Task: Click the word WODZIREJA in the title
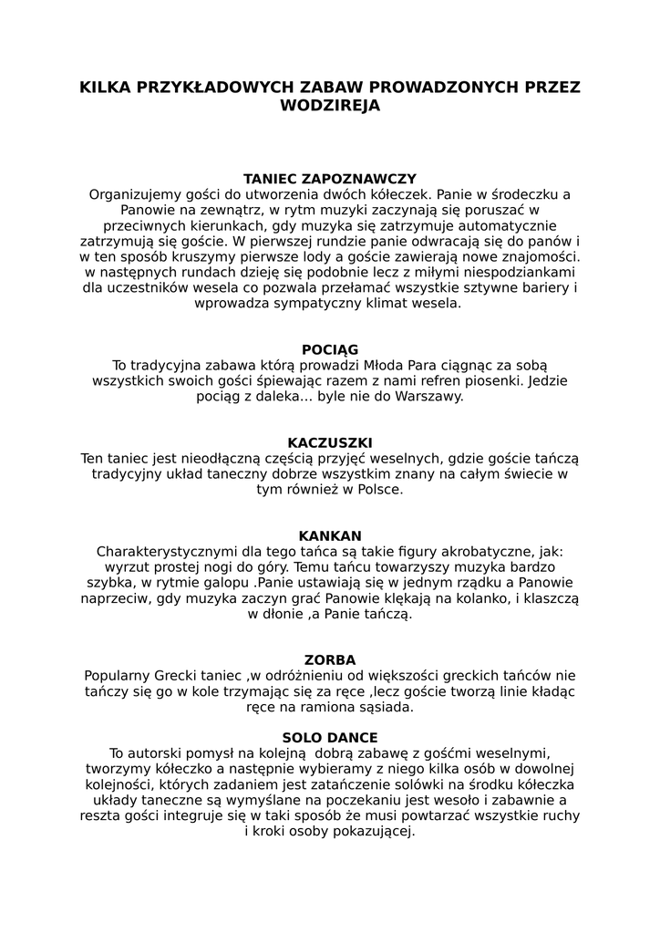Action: (x=330, y=106)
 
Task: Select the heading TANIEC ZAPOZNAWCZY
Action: (x=330, y=179)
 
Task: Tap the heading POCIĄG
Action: (x=330, y=349)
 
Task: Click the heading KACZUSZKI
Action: (x=330, y=442)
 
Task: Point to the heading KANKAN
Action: (x=330, y=535)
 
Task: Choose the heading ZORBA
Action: (x=330, y=659)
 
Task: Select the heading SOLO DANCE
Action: (x=330, y=737)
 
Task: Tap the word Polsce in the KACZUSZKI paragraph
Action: (x=373, y=490)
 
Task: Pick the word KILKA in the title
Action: (x=106, y=88)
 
